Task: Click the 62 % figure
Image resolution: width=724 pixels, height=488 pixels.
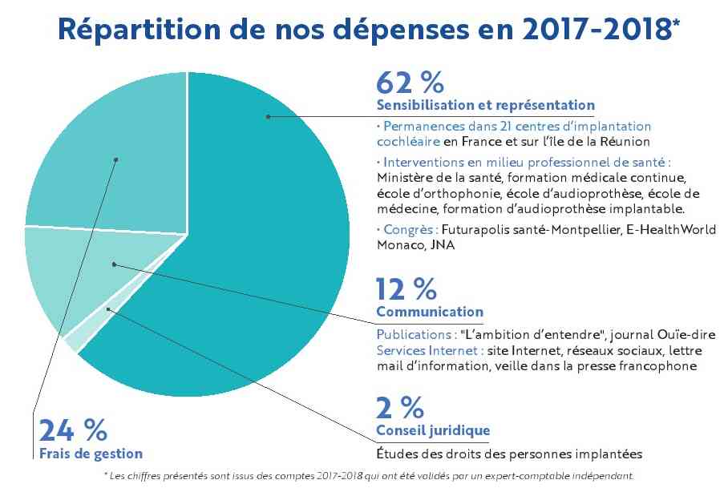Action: tap(410, 83)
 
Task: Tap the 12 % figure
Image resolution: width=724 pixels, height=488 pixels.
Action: tap(406, 288)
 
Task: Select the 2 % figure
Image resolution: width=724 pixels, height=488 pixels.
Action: tap(400, 408)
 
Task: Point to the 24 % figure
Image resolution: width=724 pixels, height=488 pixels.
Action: tap(72, 430)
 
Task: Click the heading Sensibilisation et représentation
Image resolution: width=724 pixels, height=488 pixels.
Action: tap(485, 105)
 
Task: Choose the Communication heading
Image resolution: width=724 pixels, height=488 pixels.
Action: tap(430, 312)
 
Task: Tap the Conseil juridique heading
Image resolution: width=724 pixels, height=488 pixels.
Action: tap(433, 431)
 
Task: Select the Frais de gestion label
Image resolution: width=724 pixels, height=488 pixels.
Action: tap(91, 454)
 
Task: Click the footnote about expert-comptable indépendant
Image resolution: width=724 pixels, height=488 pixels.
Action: tap(369, 475)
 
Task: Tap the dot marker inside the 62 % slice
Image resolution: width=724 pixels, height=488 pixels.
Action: tap(269, 117)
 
